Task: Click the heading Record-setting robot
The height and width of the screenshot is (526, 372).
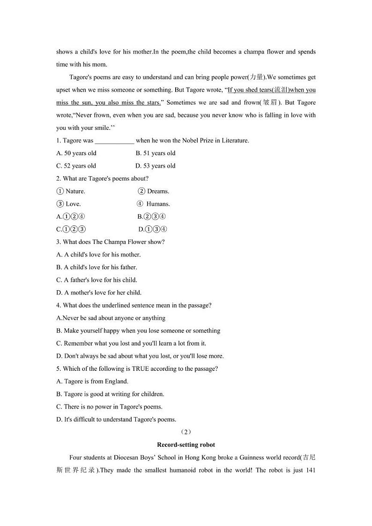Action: coord(186,444)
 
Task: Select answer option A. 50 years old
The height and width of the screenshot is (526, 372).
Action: coord(76,153)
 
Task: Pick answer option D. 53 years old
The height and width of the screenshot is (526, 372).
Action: coord(156,165)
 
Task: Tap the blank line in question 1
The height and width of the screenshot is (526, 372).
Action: coord(114,141)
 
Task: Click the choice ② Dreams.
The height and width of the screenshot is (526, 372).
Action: coord(154,191)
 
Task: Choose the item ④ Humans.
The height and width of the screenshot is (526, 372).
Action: coord(153,204)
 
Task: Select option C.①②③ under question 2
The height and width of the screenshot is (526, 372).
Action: coord(71,229)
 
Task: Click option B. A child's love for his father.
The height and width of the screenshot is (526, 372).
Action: coord(97,267)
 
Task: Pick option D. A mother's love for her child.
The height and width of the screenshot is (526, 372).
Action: coord(99,293)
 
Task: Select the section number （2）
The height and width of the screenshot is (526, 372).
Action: coord(186,432)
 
